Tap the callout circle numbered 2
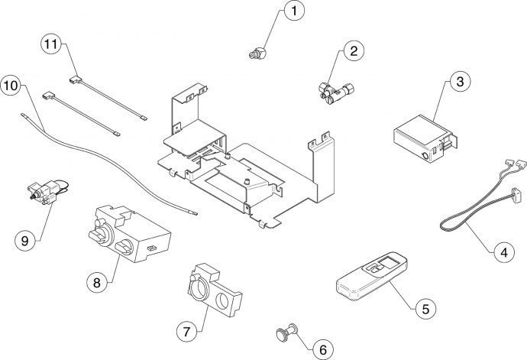pos(352,52)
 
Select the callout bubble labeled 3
pos(457,81)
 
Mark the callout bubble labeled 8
pos(96,281)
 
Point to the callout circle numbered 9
pos(25,240)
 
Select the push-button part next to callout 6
pos(284,332)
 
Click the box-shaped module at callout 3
pos(420,136)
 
